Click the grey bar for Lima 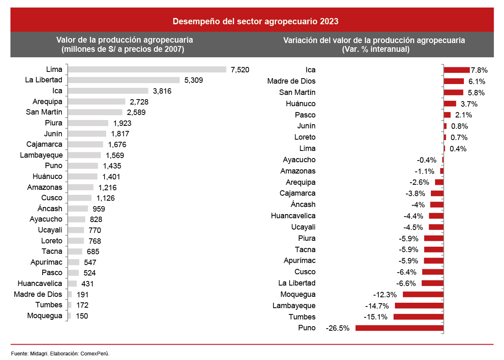pyautogui.click(x=147, y=69)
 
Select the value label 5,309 pyautogui.click(x=193, y=80)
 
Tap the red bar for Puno pyautogui.click(x=399, y=328)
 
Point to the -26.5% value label pyautogui.click(x=338, y=328)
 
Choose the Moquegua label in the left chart pyautogui.click(x=45, y=316)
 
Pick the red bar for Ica pyautogui.click(x=456, y=70)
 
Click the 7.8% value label pyautogui.click(x=479, y=70)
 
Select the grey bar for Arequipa pyautogui.click(x=97, y=102)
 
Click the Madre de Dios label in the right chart pyautogui.click(x=291, y=81)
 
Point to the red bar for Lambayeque pyautogui.click(x=419, y=306)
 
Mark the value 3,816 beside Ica pyautogui.click(x=163, y=91)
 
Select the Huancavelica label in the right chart pyautogui.click(x=293, y=216)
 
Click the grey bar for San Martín pyautogui.click(x=95, y=112)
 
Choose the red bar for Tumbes pyautogui.click(x=418, y=317)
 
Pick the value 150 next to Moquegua pyautogui.click(x=81, y=316)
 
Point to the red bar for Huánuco pyautogui.click(x=450, y=104)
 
